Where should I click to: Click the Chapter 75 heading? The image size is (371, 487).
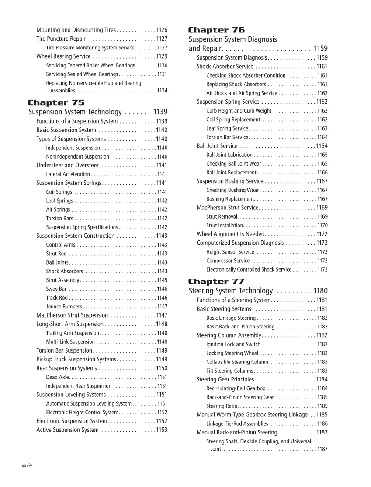coord(56,102)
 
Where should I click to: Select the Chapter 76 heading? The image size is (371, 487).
coord(216,30)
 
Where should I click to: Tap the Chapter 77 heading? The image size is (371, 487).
coord(216,281)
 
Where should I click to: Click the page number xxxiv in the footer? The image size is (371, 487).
coord(27,465)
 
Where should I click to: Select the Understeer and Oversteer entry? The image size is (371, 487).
coord(67,165)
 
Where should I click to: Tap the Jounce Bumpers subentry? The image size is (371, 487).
coord(64,307)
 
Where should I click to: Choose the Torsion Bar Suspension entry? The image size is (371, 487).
coord(64,350)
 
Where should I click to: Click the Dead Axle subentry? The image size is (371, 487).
coord(57,377)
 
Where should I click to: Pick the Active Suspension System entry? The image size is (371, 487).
coord(67,430)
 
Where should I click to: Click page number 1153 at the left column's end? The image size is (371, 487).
coord(162,430)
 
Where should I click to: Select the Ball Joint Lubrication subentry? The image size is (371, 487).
coord(229,155)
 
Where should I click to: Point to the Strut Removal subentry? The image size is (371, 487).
coord(222,216)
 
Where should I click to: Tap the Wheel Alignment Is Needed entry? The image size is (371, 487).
coord(231,234)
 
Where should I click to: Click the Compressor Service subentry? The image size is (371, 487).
coord(228,261)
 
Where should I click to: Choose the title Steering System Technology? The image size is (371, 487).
coord(230,291)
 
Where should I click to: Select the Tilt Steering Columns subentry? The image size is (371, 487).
coord(229,371)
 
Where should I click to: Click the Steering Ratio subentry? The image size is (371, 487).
coord(222,406)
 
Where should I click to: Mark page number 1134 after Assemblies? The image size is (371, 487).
coord(162,91)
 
